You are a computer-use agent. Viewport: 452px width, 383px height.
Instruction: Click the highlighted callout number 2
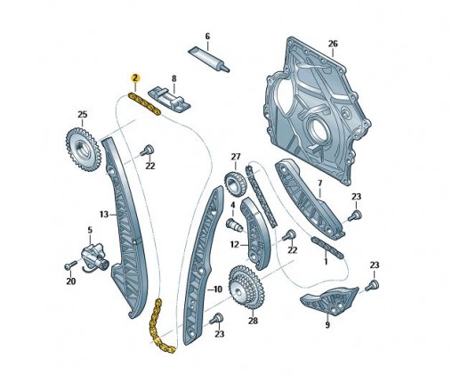(135, 78)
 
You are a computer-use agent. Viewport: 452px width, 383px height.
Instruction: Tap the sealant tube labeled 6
(209, 59)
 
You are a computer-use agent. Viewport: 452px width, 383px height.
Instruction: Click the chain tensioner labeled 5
(94, 256)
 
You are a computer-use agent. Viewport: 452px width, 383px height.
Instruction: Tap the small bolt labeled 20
(70, 265)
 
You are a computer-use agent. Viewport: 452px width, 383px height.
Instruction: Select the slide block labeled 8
(170, 99)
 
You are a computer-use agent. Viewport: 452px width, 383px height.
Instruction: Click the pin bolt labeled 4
(234, 225)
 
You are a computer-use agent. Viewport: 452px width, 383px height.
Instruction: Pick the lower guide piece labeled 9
(327, 301)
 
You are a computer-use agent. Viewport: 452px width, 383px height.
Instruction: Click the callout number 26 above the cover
(333, 44)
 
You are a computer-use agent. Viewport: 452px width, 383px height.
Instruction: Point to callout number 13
(104, 214)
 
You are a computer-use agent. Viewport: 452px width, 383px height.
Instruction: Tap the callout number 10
(218, 289)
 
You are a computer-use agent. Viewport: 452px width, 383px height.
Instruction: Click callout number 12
(235, 244)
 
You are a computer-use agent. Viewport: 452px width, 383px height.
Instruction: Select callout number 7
(319, 183)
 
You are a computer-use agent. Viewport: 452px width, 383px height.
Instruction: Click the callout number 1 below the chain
(326, 262)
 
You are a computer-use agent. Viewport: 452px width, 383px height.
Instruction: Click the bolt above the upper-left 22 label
(147, 150)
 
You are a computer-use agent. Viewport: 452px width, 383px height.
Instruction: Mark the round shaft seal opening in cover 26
(318, 129)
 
